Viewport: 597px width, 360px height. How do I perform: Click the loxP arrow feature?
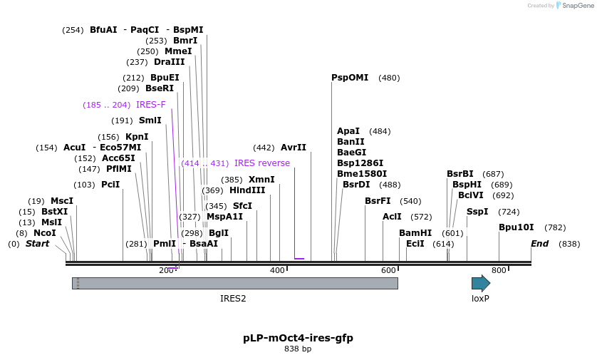pos(481,283)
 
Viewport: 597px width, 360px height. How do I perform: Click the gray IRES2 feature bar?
pos(235,283)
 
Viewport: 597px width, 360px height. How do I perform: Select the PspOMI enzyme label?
pos(350,78)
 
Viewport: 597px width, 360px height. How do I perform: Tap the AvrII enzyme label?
pos(294,148)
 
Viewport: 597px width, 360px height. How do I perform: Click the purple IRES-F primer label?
pos(151,105)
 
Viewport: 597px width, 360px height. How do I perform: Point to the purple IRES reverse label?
pos(262,163)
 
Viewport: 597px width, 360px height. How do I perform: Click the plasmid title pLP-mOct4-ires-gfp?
pos(298,338)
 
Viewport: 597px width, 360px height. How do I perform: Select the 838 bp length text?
pos(298,349)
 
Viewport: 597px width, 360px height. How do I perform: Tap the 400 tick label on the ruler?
pos(277,270)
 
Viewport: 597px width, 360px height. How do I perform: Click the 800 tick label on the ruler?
pos(499,270)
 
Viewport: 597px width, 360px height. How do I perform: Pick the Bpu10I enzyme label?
pos(516,227)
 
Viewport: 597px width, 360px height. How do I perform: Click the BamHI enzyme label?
pos(415,233)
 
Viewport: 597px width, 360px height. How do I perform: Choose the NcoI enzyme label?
pos(44,233)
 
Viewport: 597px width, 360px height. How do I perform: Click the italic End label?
pos(540,244)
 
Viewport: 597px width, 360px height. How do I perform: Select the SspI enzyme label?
pos(477,212)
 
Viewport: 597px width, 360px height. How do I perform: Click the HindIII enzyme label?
pos(247,190)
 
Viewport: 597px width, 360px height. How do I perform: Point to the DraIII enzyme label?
pos(170,62)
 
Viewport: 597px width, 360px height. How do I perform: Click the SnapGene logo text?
pos(578,6)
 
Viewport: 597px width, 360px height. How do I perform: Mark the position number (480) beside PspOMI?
pos(389,78)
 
